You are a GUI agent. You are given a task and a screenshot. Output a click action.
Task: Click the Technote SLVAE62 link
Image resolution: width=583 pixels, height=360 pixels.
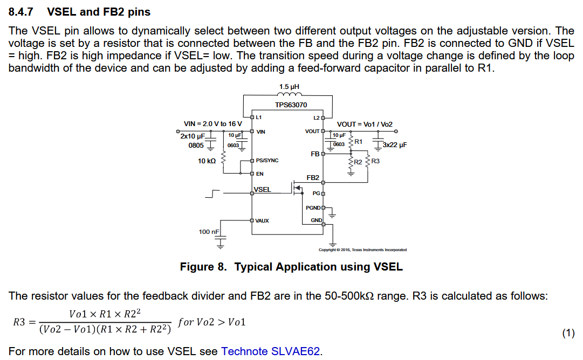(x=271, y=351)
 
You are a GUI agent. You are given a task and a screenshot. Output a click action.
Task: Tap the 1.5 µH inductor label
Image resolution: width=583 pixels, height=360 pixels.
(x=289, y=86)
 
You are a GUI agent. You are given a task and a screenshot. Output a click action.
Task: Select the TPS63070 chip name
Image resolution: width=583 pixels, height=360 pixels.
(x=291, y=105)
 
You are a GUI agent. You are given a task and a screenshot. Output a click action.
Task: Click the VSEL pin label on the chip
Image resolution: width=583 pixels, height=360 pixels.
(x=263, y=190)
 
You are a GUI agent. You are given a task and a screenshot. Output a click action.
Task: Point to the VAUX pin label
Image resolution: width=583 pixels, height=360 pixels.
(x=262, y=220)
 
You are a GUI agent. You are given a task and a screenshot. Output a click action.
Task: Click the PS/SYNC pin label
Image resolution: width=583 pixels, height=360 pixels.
(x=267, y=161)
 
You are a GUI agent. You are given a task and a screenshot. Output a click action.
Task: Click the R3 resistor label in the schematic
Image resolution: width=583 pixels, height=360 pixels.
(x=375, y=161)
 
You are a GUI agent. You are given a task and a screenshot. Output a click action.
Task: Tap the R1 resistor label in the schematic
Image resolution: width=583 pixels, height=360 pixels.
(x=358, y=141)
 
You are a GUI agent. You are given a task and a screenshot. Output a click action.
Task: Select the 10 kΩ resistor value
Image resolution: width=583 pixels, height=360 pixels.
(x=207, y=161)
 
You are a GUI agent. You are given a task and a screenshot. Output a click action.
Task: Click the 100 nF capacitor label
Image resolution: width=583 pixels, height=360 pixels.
(x=209, y=232)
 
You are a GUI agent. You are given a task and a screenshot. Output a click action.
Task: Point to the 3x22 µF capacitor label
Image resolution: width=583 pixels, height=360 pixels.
(x=394, y=145)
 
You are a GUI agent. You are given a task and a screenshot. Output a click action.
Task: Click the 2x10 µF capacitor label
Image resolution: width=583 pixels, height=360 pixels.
(x=193, y=136)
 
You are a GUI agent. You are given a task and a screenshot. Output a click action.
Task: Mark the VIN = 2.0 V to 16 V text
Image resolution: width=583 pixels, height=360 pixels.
(x=212, y=124)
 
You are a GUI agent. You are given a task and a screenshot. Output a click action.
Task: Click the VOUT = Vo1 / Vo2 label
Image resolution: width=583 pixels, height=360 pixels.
(x=365, y=124)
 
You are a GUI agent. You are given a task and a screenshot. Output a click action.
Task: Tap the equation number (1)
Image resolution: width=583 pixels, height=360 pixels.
(x=568, y=334)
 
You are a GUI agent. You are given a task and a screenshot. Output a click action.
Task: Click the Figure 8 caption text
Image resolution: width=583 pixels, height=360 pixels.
(x=291, y=267)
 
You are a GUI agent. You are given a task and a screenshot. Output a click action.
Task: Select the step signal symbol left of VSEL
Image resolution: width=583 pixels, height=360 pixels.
(x=212, y=193)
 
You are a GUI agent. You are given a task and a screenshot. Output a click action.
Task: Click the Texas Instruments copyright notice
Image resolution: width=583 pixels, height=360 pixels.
(x=362, y=250)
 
